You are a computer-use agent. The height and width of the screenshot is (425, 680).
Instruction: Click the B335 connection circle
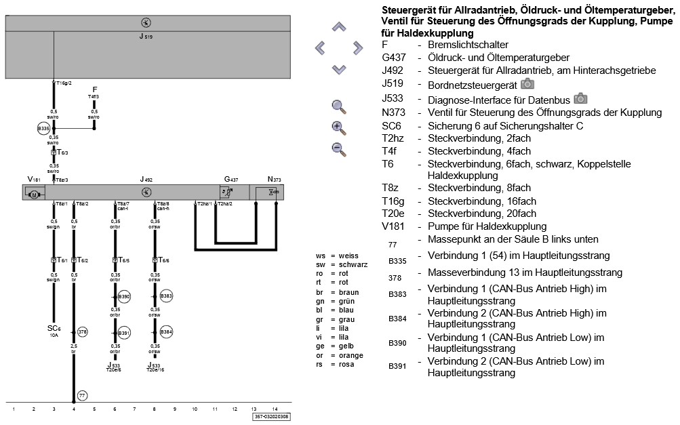pos(43,127)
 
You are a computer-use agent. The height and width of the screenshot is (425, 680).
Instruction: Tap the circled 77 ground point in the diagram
pos(82,395)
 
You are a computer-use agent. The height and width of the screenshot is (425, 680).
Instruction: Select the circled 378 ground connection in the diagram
pos(83,331)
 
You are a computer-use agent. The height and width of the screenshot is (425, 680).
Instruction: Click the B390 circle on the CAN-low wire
pos(124,297)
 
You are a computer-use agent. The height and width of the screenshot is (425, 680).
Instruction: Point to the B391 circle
pos(124,333)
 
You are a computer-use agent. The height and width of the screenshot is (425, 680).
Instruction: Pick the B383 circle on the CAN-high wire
pos(167,297)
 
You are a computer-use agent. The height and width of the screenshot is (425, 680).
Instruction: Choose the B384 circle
pos(167,333)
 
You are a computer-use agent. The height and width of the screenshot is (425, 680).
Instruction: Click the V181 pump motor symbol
pos(33,195)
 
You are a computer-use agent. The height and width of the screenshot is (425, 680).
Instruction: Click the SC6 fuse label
pos(53,328)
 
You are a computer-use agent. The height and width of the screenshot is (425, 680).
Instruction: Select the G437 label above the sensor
pos(231,179)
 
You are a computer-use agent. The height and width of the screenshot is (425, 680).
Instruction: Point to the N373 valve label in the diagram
pos(274,179)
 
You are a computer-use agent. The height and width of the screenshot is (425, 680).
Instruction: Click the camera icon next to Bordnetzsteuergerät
pos(527,84)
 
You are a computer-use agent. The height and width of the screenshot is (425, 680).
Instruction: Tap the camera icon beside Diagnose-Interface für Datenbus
pos(580,98)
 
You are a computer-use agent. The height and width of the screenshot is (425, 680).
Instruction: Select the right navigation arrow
pos(357,47)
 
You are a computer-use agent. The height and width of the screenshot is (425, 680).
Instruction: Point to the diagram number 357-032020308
pos(272,417)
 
